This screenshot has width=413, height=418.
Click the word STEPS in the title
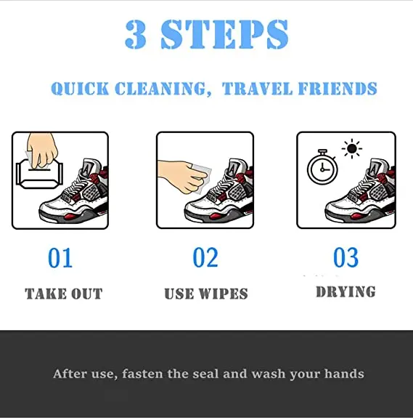coord(226,34)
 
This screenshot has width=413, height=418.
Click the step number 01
coord(61,257)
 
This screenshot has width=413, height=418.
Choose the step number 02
coord(205,257)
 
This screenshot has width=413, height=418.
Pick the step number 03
coord(345,257)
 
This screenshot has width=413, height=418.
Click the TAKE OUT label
coord(64,294)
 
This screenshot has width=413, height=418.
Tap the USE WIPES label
coord(206,294)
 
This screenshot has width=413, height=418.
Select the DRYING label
coord(345,292)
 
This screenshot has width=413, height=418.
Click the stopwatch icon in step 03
coord(321,169)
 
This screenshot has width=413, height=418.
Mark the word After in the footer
coord(70,374)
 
